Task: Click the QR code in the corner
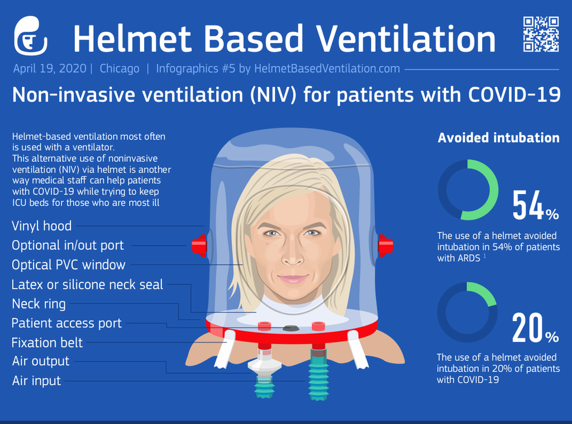click(x=541, y=34)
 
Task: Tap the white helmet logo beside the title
click(x=31, y=36)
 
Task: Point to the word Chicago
click(x=120, y=69)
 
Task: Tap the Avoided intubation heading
click(x=498, y=138)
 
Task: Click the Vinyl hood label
click(x=41, y=226)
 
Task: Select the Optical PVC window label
click(x=68, y=265)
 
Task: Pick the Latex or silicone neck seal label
click(x=87, y=285)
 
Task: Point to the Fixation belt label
click(x=47, y=343)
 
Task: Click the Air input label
click(x=36, y=381)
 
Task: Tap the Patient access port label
click(x=66, y=323)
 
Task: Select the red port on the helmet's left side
click(x=199, y=246)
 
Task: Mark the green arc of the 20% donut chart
click(x=485, y=292)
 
